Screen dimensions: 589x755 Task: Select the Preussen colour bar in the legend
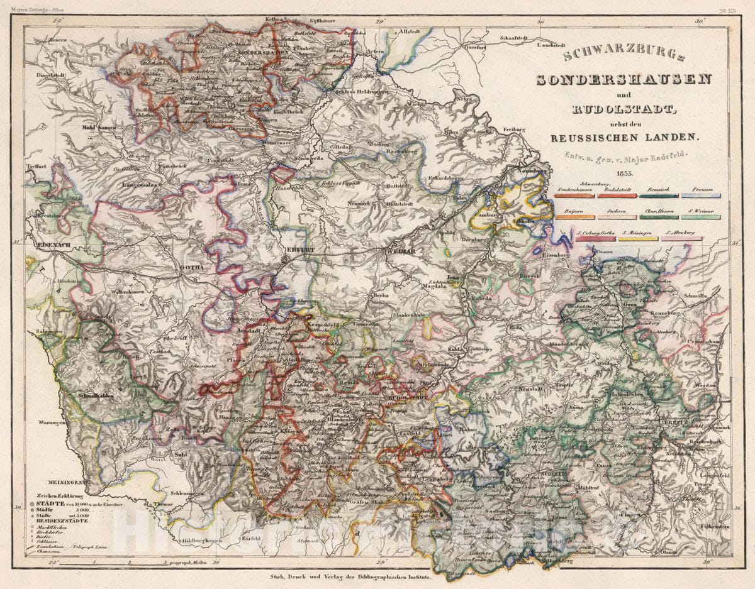coord(700,195)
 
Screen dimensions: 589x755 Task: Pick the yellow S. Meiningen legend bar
coord(638,239)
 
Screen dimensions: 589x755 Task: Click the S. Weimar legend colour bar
coord(700,217)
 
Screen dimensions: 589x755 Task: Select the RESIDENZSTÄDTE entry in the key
coord(63,521)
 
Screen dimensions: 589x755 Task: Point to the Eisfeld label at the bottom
coord(253,539)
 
